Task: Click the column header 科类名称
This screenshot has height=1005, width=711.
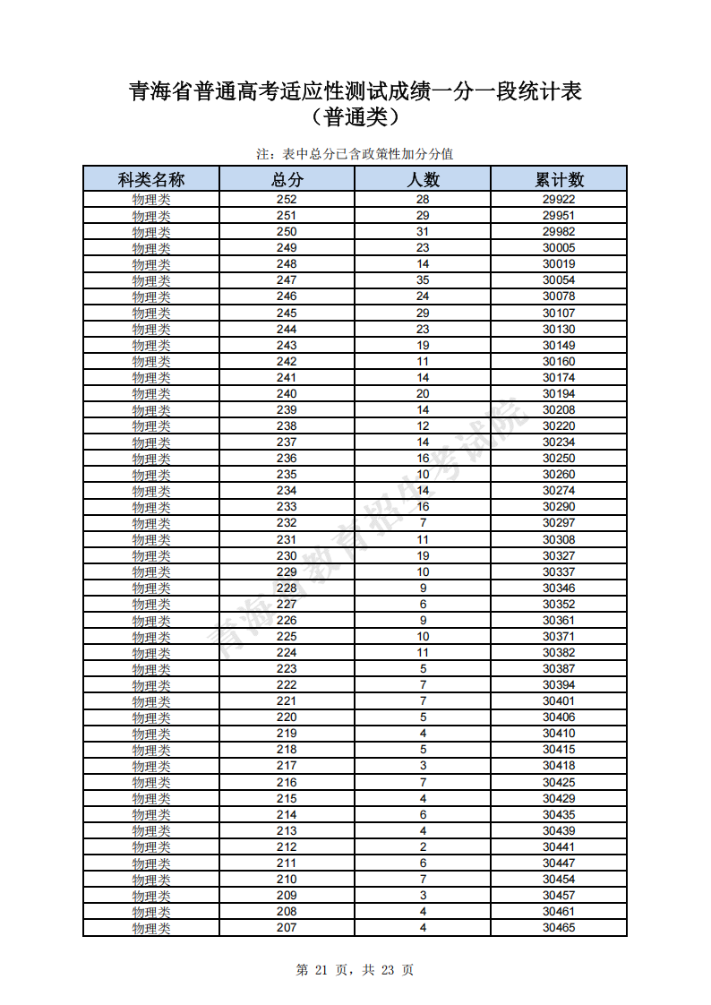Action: [151, 179]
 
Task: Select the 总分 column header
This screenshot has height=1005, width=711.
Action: [287, 179]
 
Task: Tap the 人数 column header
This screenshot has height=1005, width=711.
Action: [423, 179]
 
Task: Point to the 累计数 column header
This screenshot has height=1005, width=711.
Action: [559, 179]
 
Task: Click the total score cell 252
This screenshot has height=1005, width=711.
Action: [287, 200]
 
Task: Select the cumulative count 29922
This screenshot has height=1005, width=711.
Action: [559, 200]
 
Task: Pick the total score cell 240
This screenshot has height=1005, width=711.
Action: [287, 394]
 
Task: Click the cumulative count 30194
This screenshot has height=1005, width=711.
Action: [559, 394]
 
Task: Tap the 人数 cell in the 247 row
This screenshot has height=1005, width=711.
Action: [423, 280]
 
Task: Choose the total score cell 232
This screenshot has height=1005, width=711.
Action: [287, 523]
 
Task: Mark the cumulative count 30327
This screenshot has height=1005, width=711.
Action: [559, 555]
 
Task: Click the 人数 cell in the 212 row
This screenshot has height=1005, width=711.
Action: [423, 847]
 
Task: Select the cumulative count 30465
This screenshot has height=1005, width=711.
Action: [559, 928]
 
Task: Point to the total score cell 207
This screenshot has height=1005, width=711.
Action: [287, 928]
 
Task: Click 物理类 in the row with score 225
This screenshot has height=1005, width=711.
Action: [151, 637]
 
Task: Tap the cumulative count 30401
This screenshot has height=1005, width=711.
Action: [559, 701]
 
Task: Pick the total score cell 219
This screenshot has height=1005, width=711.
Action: [287, 734]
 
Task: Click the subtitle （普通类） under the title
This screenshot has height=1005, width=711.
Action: [355, 117]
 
